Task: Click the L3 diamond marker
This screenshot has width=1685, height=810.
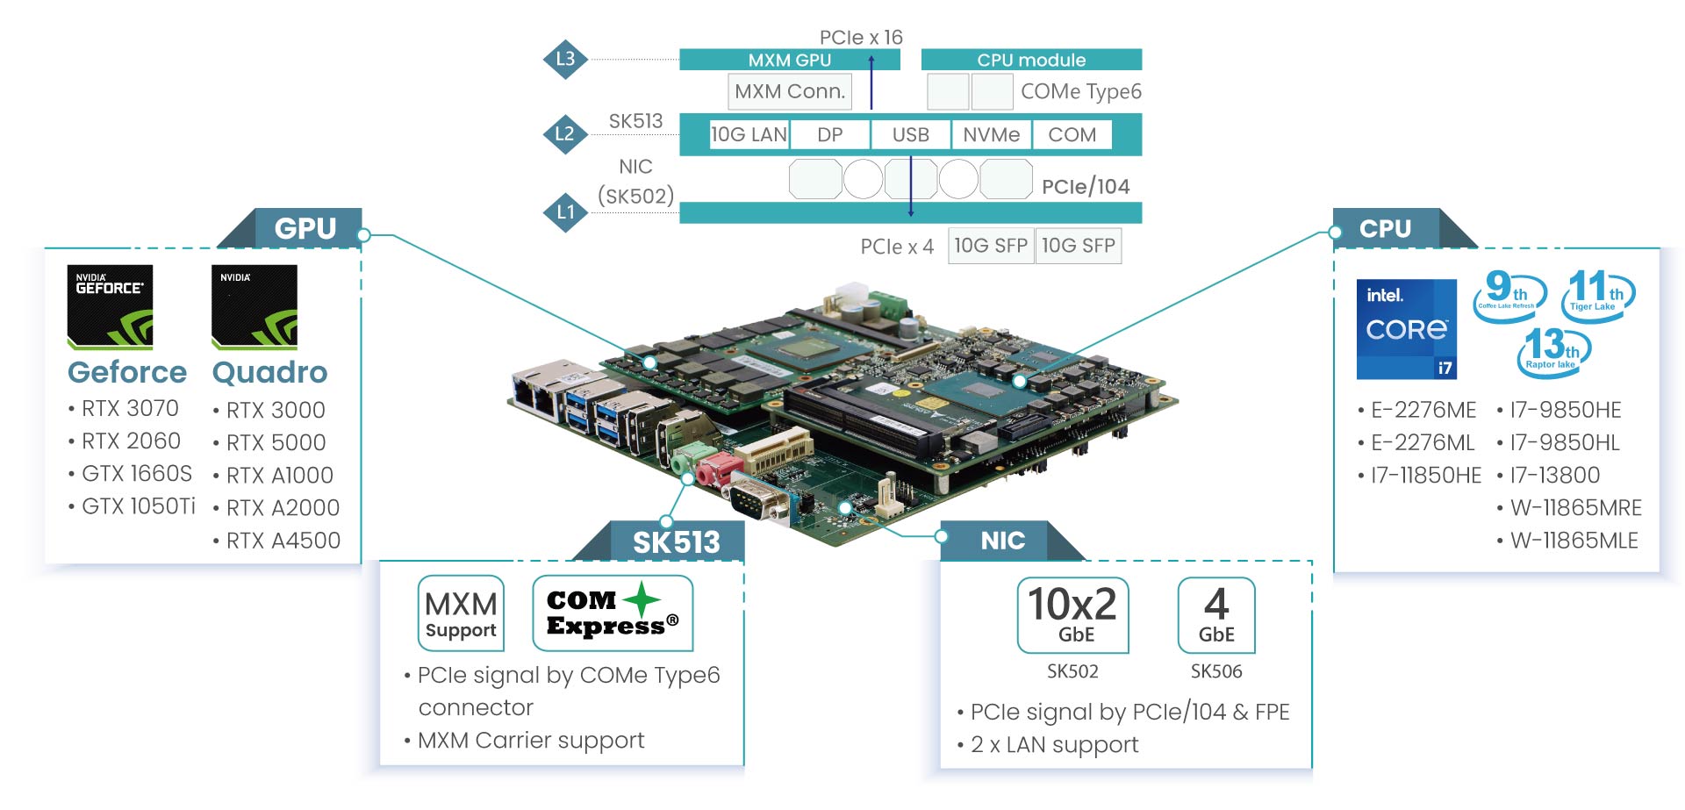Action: click(x=565, y=59)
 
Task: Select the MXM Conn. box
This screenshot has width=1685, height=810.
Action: click(x=789, y=91)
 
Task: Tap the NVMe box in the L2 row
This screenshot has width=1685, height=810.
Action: click(x=991, y=134)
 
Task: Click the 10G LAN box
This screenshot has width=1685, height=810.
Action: click(x=749, y=134)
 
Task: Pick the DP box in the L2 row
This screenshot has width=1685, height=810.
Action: click(x=829, y=134)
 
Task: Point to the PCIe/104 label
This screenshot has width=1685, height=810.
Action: click(x=1085, y=186)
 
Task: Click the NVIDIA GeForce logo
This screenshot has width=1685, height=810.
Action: click(x=110, y=306)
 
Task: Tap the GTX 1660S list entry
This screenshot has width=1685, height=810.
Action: click(x=136, y=474)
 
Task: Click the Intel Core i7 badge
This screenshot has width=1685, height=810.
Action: click(x=1406, y=329)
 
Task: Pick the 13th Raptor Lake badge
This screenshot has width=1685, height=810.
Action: click(x=1553, y=351)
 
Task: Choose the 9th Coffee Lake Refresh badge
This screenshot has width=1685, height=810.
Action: click(x=1508, y=294)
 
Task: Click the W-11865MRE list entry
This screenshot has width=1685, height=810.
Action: click(x=1575, y=508)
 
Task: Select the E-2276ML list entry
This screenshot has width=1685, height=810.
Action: click(x=1422, y=443)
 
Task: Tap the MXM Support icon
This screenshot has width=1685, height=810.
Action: click(x=461, y=613)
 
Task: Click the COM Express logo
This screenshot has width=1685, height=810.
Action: click(x=613, y=613)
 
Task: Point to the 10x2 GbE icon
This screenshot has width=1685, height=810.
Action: click(x=1072, y=615)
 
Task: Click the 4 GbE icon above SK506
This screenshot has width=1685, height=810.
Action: click(x=1215, y=615)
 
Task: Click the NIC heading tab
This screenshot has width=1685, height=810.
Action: click(x=1002, y=541)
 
